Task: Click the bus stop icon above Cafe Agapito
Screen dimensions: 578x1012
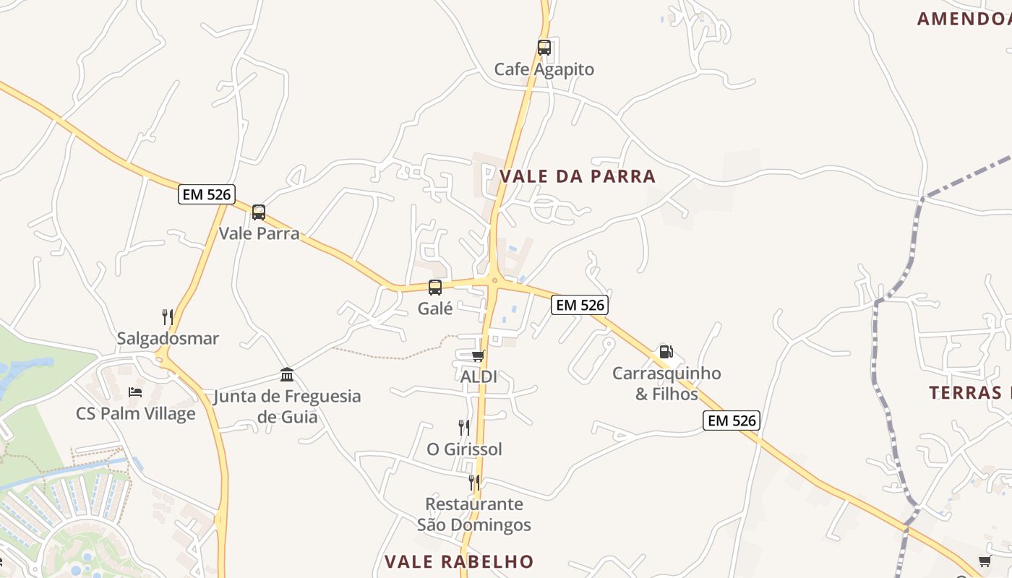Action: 544,48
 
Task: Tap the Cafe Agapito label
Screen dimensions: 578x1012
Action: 544,69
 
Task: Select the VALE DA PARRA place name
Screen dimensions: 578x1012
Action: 578,176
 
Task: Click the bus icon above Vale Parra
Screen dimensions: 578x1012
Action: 259,212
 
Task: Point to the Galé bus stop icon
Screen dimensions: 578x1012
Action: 435,288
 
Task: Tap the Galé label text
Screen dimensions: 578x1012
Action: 435,309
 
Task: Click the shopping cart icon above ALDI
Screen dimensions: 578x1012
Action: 478,355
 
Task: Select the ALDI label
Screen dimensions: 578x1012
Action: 479,376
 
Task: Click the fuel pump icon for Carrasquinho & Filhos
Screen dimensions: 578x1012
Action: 666,352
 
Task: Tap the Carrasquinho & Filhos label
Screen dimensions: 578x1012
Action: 666,384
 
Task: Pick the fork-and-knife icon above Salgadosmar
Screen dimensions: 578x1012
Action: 168,316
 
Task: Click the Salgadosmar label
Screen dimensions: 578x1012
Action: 168,338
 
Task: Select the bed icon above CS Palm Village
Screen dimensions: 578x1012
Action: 135,392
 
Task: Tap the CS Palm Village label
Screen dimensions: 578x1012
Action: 136,414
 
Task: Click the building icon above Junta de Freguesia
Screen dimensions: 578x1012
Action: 287,374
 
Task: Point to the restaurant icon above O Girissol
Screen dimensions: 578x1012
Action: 464,428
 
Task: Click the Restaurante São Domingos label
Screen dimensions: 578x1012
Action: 474,514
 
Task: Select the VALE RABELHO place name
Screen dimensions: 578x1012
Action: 459,561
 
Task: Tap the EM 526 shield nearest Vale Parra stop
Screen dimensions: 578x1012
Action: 207,194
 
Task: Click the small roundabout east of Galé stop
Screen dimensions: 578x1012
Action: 495,280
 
